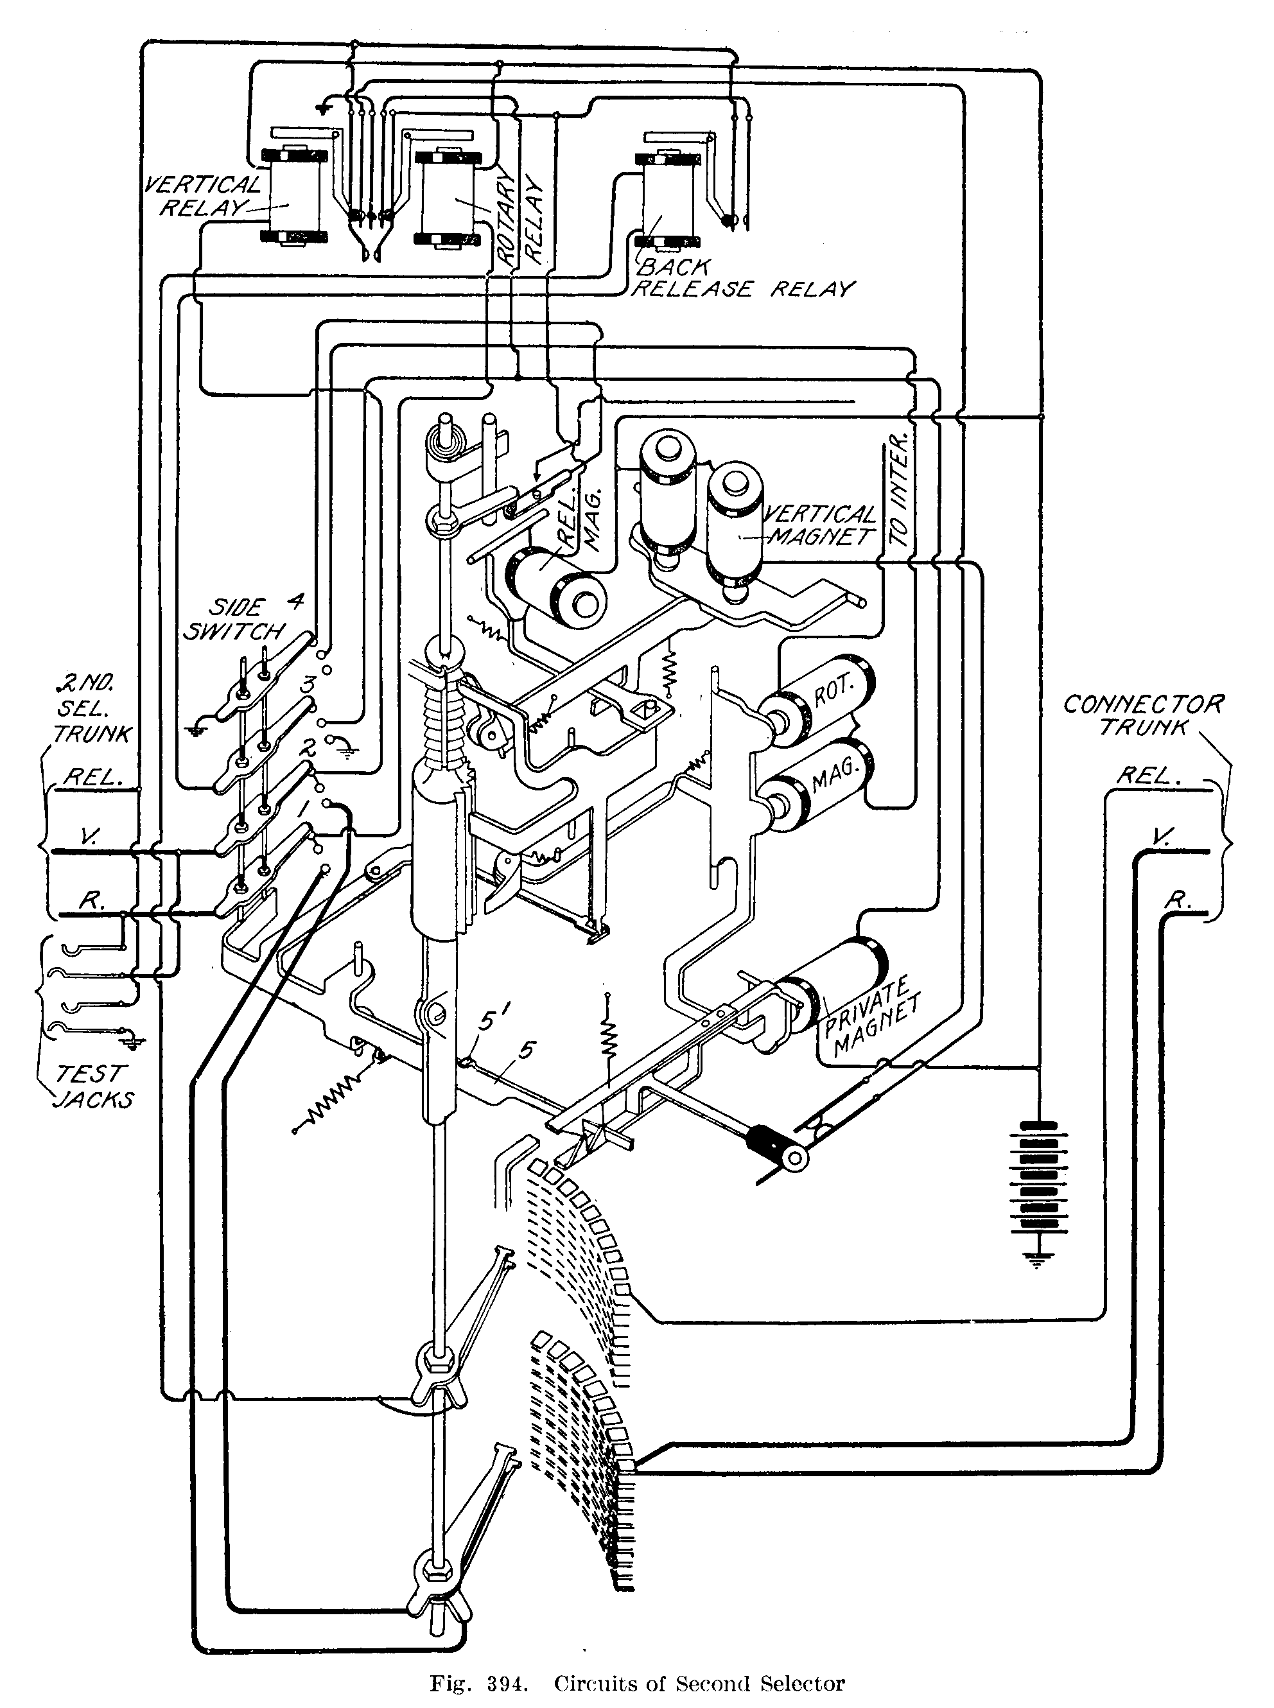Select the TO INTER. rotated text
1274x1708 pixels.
pos(899,491)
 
